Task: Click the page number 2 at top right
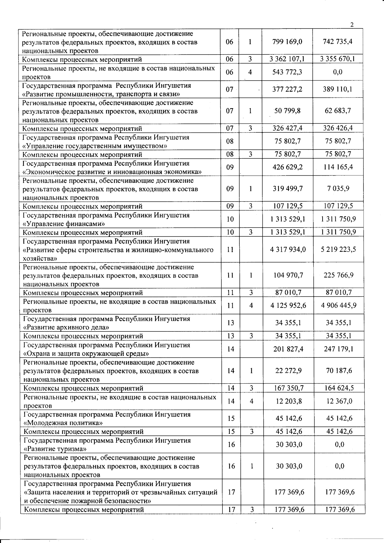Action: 352,25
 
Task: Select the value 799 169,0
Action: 287,42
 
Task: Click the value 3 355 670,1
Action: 338,59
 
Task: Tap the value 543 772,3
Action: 287,72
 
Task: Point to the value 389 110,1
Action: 338,89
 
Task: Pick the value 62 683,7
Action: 338,111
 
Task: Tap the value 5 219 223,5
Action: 339,249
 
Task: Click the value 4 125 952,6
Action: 288,306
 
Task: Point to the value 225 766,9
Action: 339,275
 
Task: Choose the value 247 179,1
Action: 339,349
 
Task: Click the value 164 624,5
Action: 339,388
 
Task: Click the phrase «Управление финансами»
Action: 64,224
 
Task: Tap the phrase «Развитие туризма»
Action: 55,449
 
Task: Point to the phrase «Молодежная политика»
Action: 63,423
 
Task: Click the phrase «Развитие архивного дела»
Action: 67,327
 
